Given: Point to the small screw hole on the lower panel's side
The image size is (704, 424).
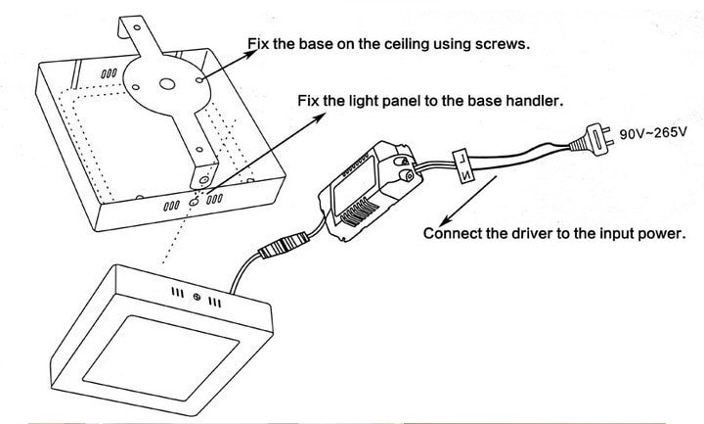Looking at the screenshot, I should (x=197, y=295).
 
